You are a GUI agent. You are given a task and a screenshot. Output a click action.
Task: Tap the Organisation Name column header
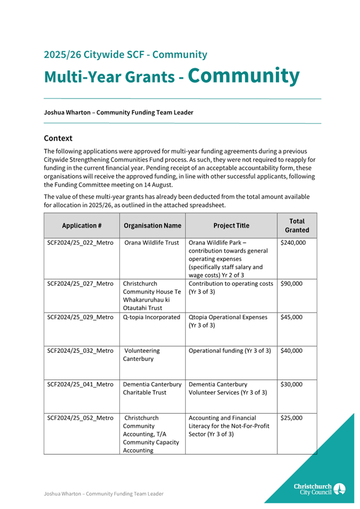point(152,225)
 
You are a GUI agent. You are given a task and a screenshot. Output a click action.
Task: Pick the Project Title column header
point(231,225)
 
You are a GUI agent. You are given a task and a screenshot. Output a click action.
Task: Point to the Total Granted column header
point(297,225)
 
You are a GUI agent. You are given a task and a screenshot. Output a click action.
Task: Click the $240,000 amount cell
point(293,243)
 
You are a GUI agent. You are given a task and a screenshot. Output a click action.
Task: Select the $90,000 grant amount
point(291,284)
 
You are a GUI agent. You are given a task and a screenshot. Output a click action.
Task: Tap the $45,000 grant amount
point(291,317)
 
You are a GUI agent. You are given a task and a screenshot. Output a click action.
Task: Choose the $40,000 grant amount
point(291,351)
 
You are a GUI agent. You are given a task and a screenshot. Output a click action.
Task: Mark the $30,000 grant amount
point(291,384)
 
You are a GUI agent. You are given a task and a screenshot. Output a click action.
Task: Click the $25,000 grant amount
point(291,418)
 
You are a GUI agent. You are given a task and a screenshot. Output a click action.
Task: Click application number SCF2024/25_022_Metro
point(81,243)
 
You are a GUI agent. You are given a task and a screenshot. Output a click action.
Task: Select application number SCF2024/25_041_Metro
point(81,384)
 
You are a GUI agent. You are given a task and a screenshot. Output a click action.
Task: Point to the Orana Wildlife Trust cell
point(151,243)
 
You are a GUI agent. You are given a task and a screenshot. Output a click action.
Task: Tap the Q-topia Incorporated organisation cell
point(151,317)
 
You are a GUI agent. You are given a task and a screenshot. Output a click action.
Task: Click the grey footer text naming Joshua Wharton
point(103,494)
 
